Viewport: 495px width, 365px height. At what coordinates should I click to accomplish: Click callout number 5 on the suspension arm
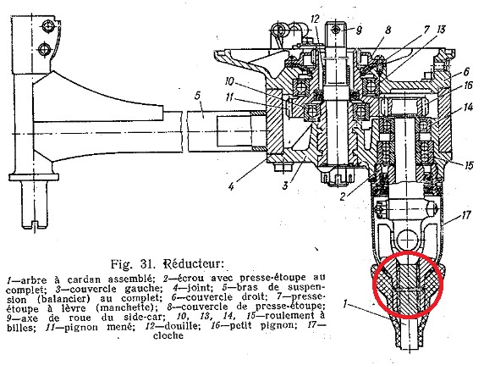[198, 96]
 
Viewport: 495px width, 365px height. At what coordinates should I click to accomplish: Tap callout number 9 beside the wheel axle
[359, 30]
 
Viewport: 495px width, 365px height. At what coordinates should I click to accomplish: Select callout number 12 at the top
[315, 19]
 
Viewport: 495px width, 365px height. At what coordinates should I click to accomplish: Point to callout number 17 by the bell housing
[465, 215]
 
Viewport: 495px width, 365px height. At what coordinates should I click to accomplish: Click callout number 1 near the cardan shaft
[345, 304]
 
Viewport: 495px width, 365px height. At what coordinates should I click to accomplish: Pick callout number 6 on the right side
[466, 72]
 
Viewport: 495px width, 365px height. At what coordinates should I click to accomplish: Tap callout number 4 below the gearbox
[232, 186]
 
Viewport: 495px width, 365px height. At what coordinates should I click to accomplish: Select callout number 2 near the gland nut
[343, 196]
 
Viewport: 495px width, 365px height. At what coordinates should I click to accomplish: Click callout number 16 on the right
[468, 86]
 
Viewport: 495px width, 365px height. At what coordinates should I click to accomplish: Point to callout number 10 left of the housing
[229, 81]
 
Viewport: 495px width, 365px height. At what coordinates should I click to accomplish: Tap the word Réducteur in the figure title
[194, 263]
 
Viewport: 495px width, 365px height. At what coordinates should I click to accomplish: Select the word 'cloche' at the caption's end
[168, 335]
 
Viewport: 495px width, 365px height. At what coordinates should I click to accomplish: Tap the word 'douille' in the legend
[179, 325]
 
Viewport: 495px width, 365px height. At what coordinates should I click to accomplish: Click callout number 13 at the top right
[441, 30]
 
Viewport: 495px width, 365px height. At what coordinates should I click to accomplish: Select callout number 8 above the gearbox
[388, 30]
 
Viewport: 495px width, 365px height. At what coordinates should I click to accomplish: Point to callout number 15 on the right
[469, 165]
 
